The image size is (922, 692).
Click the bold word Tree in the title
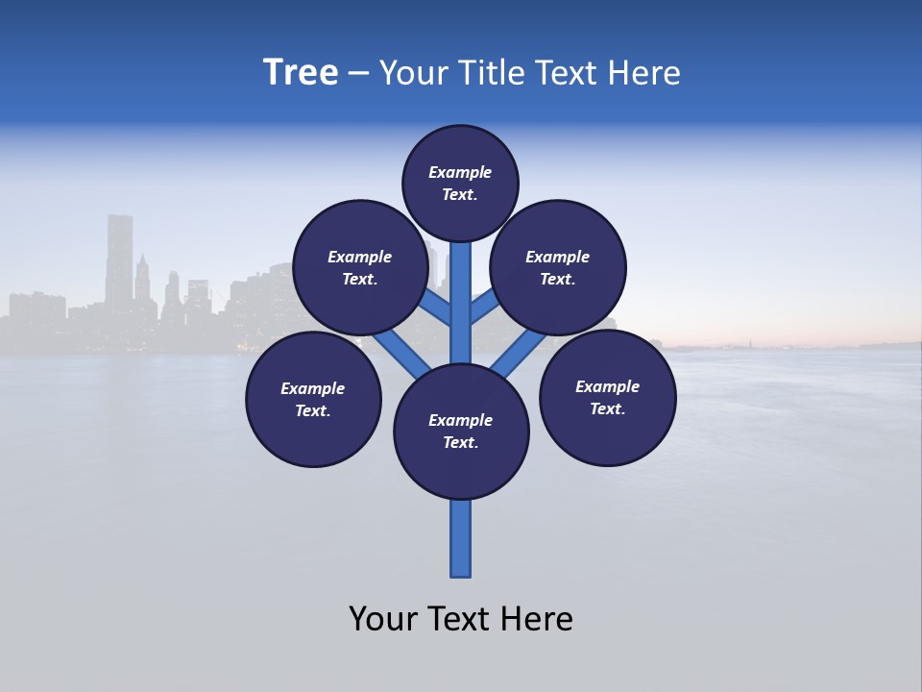pyautogui.click(x=301, y=73)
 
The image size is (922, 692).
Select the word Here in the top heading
pyautogui.click(x=644, y=73)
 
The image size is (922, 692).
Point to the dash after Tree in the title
pyautogui.click(x=359, y=74)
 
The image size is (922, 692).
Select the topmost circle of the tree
pyautogui.click(x=460, y=183)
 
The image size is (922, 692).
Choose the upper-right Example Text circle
pyautogui.click(x=558, y=267)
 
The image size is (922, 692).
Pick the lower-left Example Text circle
pyautogui.click(x=313, y=399)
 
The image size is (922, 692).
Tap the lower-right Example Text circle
pyautogui.click(x=608, y=397)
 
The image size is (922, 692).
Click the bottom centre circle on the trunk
pyautogui.click(x=461, y=432)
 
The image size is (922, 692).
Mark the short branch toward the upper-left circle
pyautogui.click(x=436, y=309)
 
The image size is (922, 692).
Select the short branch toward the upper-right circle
pyautogui.click(x=484, y=309)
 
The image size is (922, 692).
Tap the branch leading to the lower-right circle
pyautogui.click(x=514, y=354)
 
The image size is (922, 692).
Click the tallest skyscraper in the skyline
pyautogui.click(x=119, y=259)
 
